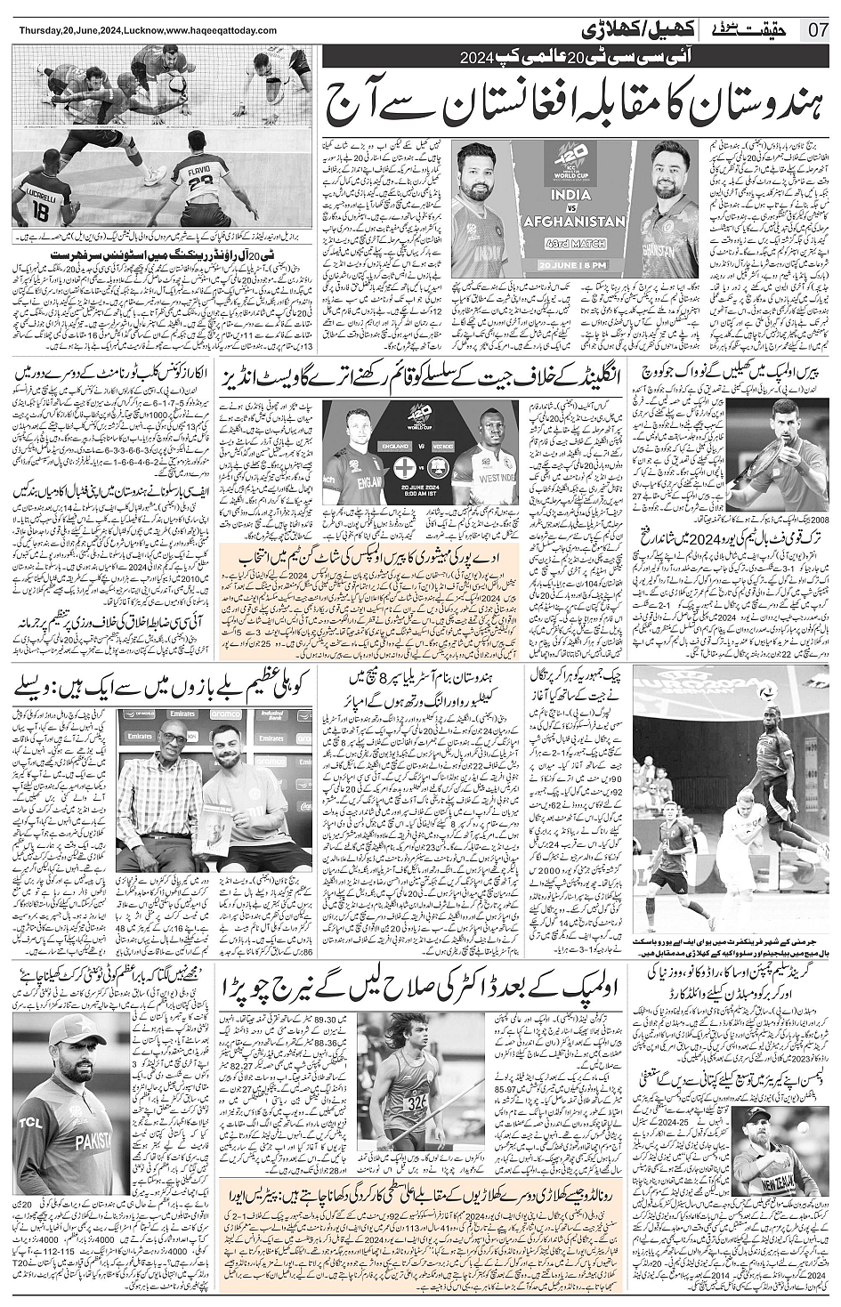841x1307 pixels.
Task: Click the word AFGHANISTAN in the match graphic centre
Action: tap(570, 222)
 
